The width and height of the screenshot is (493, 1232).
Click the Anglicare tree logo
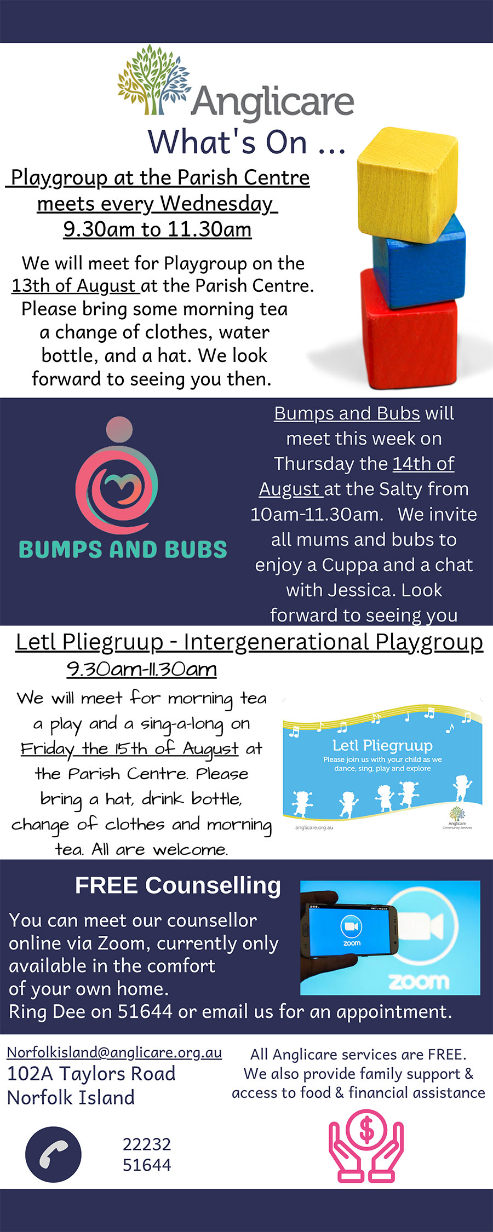pos(154,80)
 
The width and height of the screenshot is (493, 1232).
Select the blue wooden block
pos(419,261)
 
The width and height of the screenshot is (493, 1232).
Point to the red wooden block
pos(409,329)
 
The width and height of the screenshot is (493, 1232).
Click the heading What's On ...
pos(246,142)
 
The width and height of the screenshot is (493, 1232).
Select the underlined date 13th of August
pos(74,286)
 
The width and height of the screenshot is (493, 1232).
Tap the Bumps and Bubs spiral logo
pos(117,475)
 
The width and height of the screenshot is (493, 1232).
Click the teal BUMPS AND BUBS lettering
pos(123,549)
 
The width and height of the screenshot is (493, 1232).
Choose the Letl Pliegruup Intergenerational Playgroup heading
pos(249,642)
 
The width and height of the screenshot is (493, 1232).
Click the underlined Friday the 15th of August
pos(130,749)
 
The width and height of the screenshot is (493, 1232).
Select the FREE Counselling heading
pos(178,885)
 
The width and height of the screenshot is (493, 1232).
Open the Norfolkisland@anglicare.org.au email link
pos(114,1052)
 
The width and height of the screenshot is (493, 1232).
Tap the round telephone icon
pos(53,1154)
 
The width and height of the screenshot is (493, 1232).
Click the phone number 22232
pos(147,1144)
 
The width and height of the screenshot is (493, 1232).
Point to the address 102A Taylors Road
pos(91,1074)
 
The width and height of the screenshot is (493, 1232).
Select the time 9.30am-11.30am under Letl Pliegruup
pos(142,669)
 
